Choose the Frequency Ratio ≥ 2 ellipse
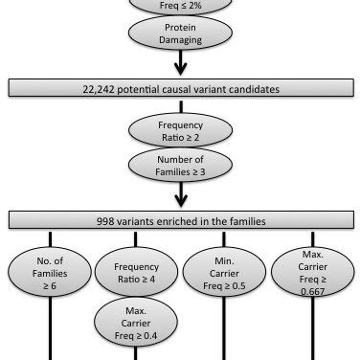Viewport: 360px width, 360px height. (x=179, y=130)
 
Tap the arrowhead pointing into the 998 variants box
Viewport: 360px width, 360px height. (x=179, y=201)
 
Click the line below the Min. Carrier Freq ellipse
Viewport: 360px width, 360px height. (x=224, y=330)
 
